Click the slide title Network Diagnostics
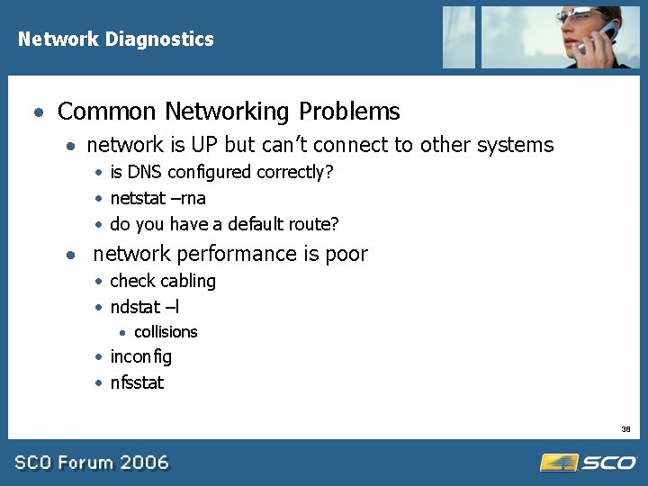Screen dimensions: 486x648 click(x=115, y=40)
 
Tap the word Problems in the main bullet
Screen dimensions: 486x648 click(x=349, y=112)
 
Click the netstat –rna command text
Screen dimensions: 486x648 click(x=157, y=198)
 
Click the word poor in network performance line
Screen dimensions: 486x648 click(x=346, y=255)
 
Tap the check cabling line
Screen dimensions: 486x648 click(x=163, y=282)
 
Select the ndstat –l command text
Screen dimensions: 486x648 click(x=145, y=307)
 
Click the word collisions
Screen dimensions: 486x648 click(x=166, y=332)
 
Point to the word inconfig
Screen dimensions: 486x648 click(x=140, y=357)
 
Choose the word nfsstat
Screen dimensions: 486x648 click(x=137, y=383)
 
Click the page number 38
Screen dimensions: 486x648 click(x=625, y=428)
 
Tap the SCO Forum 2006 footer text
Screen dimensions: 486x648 click(x=92, y=463)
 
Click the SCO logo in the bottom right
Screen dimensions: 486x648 click(x=589, y=463)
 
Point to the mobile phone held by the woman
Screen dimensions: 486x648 click(x=596, y=38)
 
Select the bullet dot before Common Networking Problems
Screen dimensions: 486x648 click(x=38, y=113)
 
